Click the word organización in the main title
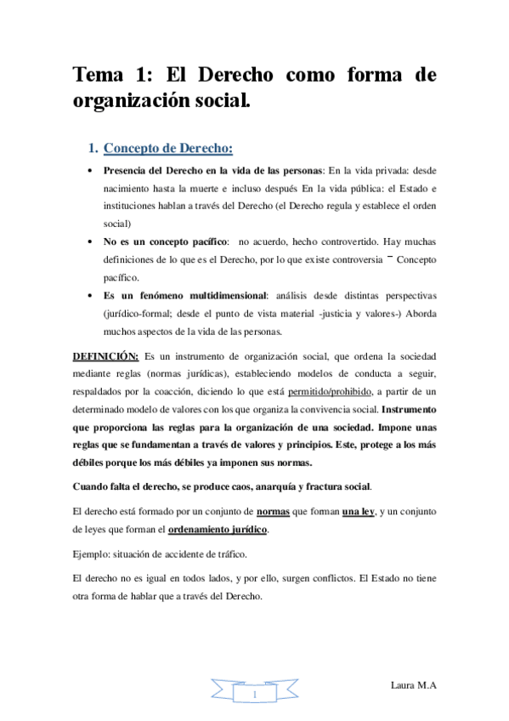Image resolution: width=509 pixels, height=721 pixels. point(135,103)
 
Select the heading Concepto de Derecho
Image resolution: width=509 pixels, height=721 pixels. point(167,149)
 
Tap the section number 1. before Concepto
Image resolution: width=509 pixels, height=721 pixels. point(94,149)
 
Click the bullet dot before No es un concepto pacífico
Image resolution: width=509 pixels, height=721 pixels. point(91,242)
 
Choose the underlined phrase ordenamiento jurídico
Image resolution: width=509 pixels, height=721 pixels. point(218,530)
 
